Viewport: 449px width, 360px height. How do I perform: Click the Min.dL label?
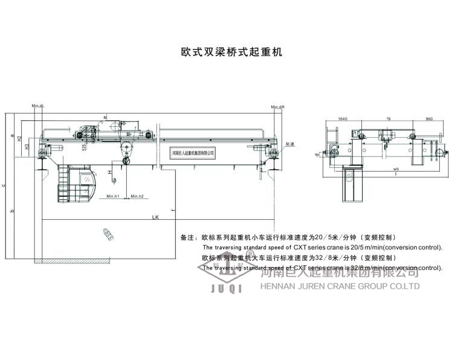(39, 106)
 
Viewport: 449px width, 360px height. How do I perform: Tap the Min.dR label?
(278, 107)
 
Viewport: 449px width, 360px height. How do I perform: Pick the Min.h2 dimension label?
(137, 196)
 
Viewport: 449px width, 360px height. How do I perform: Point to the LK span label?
(156, 217)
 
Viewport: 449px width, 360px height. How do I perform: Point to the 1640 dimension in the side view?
(342, 119)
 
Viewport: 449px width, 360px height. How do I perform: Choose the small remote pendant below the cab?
(109, 234)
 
